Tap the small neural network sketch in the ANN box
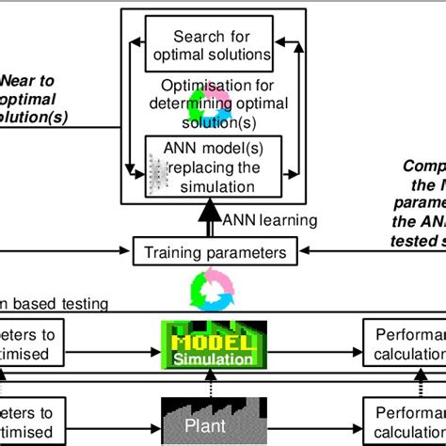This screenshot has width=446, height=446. [158, 172]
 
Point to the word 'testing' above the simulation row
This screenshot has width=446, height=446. [81, 304]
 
